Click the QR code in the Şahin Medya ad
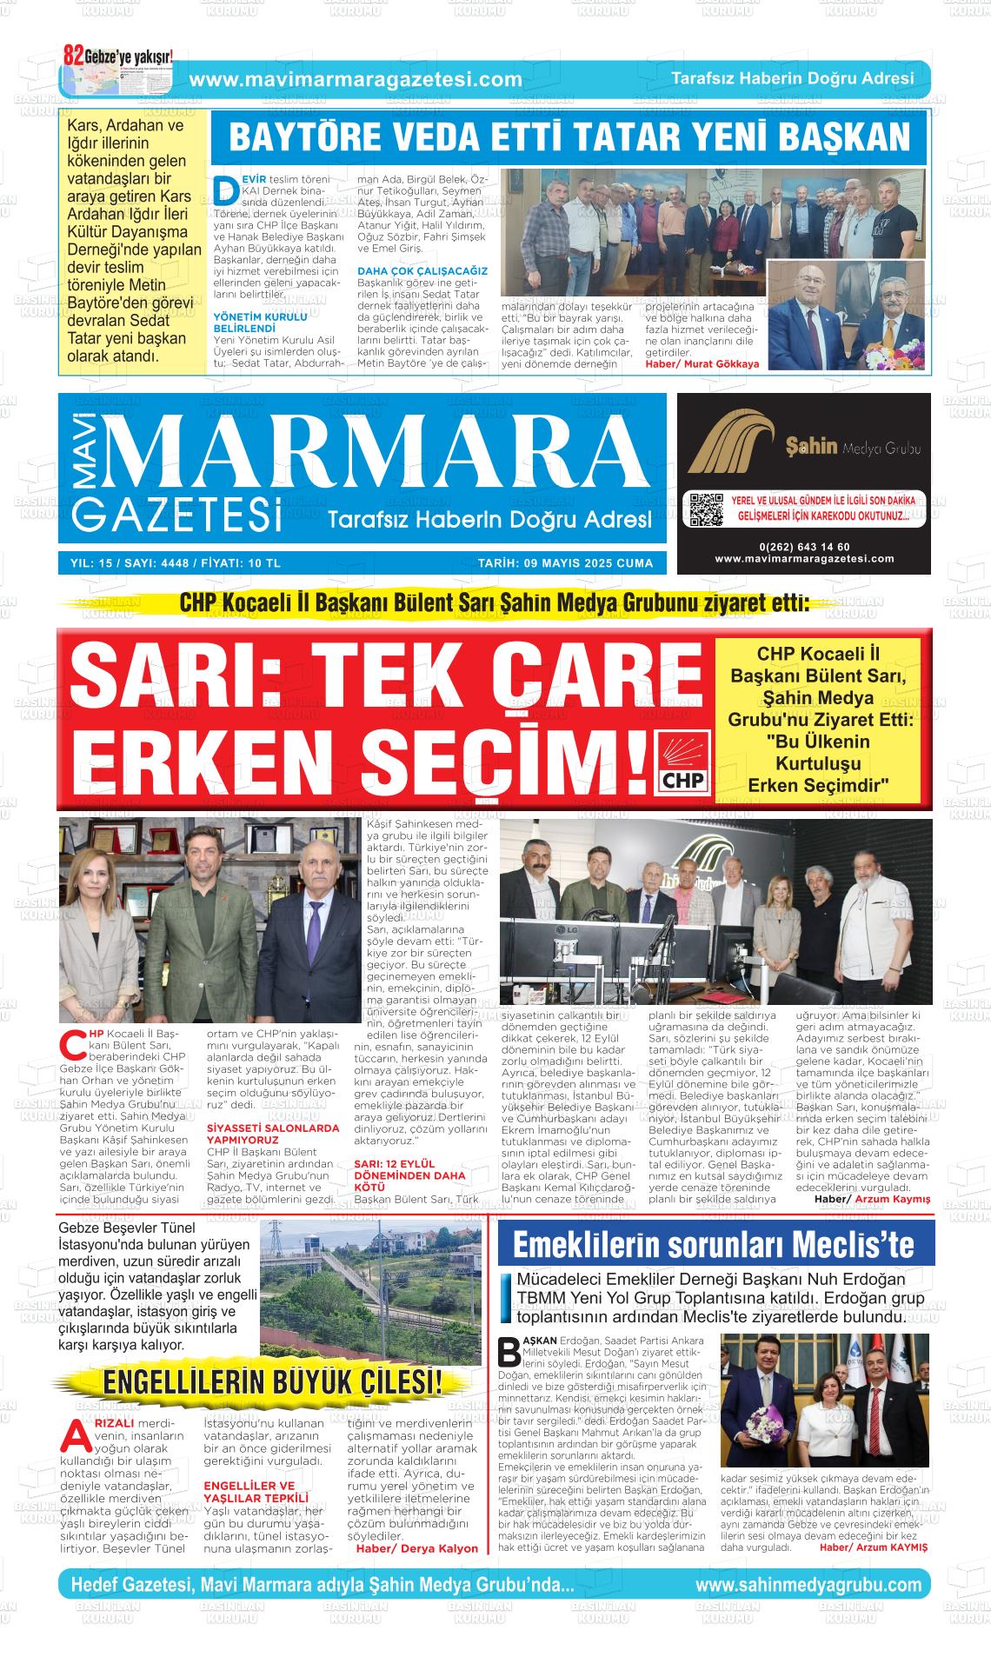tap(705, 510)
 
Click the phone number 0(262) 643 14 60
tap(804, 547)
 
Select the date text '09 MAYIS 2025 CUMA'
tap(565, 563)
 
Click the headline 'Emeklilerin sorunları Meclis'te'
tap(714, 1245)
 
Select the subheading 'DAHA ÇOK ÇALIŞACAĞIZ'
tap(422, 271)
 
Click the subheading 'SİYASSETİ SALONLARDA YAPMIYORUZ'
tap(273, 1134)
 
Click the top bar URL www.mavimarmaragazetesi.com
tap(356, 80)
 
